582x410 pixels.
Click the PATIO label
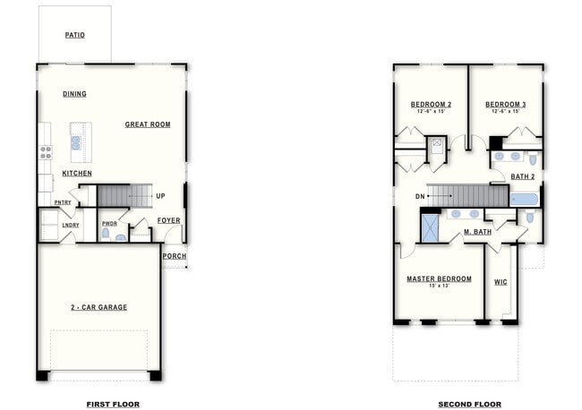click(75, 36)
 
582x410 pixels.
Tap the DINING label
click(75, 94)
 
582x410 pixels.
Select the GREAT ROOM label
click(148, 124)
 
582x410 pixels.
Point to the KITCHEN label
click(77, 173)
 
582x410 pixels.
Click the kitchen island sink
click(76, 141)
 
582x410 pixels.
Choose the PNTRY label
click(63, 202)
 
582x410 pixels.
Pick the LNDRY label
click(71, 225)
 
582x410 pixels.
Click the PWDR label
click(109, 224)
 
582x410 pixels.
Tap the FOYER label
click(168, 220)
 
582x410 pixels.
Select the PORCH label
click(175, 256)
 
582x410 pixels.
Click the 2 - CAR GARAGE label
click(100, 307)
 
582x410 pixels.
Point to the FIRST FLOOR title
click(113, 405)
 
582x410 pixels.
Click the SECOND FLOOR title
click(469, 405)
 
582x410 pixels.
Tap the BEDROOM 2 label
click(431, 105)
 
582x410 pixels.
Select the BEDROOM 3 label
click(506, 105)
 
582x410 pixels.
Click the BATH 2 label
click(523, 176)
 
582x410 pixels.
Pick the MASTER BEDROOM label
click(439, 278)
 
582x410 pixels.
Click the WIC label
click(501, 282)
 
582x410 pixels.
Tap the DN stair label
click(420, 195)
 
